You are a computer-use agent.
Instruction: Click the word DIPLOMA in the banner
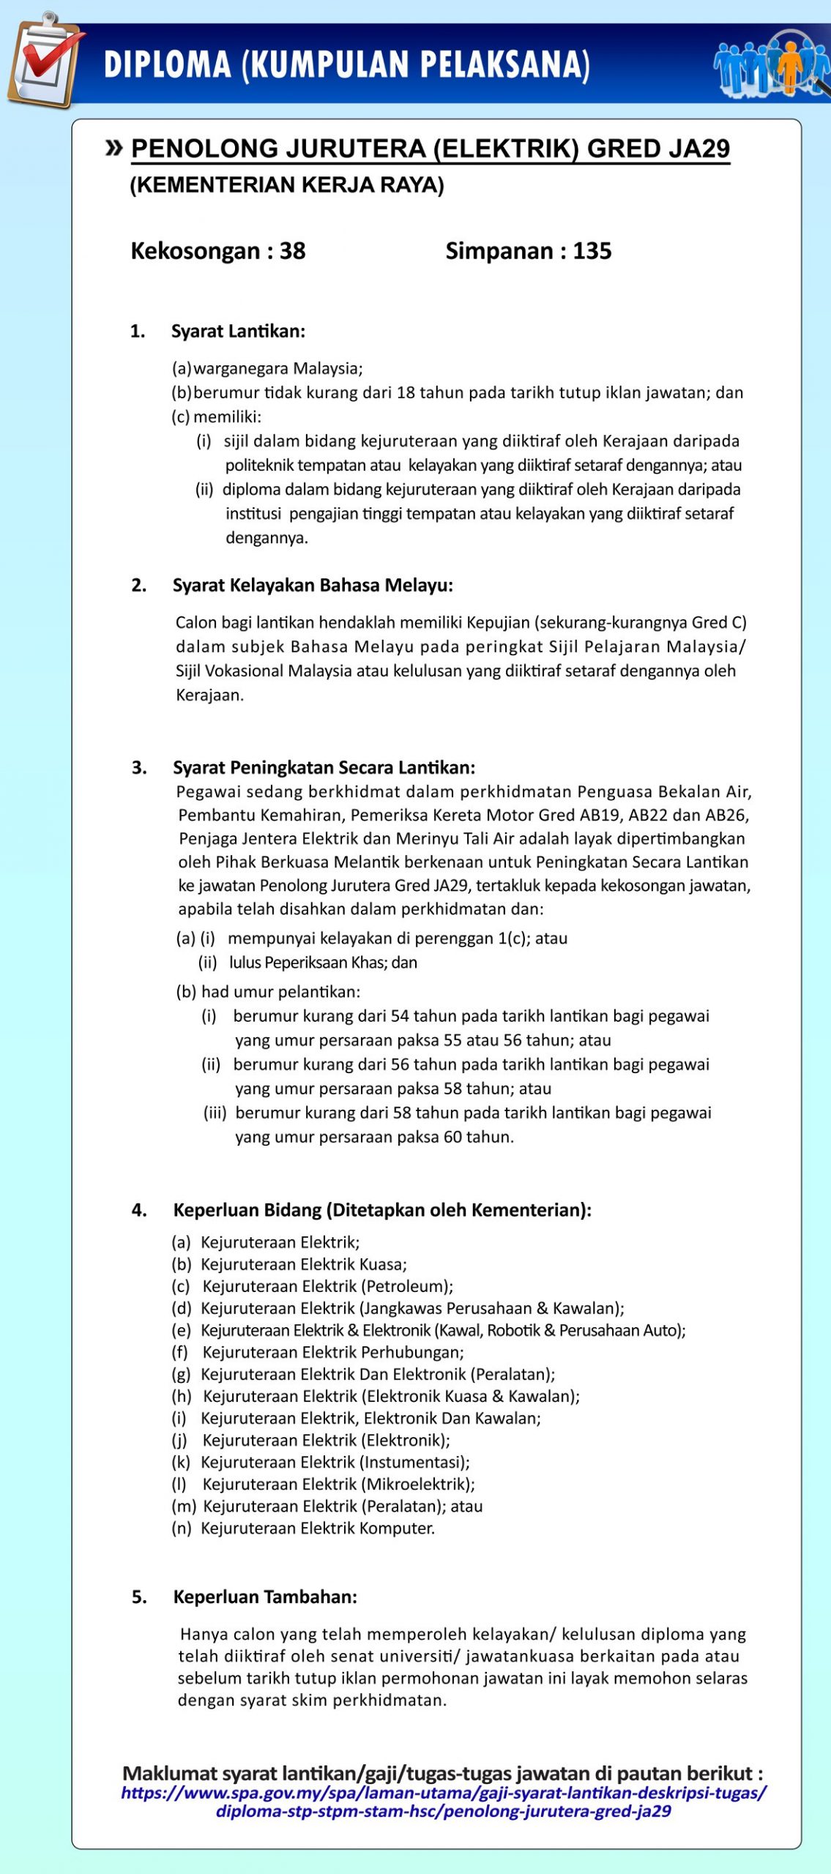pos(168,64)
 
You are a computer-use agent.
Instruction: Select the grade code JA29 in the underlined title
pos(699,149)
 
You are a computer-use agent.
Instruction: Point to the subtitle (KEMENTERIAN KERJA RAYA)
pos(287,185)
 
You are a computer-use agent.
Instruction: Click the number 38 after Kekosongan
pos(292,251)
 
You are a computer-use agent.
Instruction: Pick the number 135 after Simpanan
pos(592,251)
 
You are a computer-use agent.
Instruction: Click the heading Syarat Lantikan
pos(238,332)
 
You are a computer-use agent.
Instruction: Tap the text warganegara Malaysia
pos(277,368)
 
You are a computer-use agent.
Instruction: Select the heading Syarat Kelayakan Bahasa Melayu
pos(313,586)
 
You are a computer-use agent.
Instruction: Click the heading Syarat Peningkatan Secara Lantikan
pos(324,767)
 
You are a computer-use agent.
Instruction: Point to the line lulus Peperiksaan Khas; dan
pos(323,963)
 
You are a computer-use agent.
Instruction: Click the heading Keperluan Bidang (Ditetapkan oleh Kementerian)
pos(382,1210)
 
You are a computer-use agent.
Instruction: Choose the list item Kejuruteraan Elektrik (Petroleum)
pos(327,1286)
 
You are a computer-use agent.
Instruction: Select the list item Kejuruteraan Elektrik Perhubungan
pos(332,1352)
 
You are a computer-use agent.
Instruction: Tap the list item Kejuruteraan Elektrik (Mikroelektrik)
pos(338,1484)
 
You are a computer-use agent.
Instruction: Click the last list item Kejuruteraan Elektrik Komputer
pos(318,1528)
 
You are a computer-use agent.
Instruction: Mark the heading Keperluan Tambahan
pos(265,1597)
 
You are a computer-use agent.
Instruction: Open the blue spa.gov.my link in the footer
pos(444,1802)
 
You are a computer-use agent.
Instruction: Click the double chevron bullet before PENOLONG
pos(113,148)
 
